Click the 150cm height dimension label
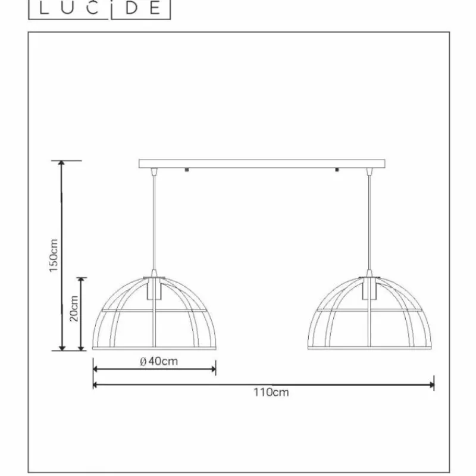pyautogui.click(x=53, y=256)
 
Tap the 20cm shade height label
pyautogui.click(x=74, y=308)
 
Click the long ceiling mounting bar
pyautogui.click(x=262, y=164)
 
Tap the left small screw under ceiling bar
pyautogui.click(x=188, y=170)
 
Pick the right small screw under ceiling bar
pyautogui.click(x=337, y=170)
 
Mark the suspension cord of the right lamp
pyautogui.click(x=369, y=226)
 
